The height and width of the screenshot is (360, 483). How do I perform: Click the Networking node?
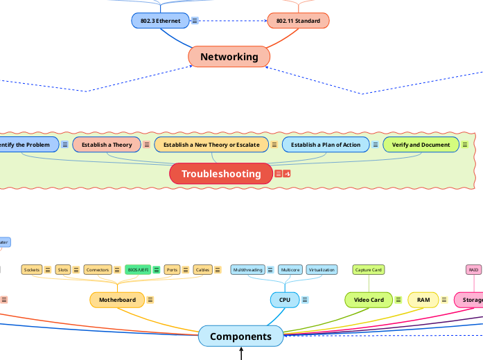[229, 57]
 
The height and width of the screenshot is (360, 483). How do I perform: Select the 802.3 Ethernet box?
[160, 21]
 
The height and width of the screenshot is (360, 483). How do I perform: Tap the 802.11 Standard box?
[298, 21]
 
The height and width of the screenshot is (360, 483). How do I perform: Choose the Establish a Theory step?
[107, 145]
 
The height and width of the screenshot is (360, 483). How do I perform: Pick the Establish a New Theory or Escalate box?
[211, 145]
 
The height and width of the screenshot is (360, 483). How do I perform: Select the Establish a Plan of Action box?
[325, 145]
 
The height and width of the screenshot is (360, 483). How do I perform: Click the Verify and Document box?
[421, 145]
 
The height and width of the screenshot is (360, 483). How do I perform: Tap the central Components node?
[240, 336]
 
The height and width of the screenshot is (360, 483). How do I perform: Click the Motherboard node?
[117, 300]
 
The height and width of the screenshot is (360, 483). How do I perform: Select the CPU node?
[284, 300]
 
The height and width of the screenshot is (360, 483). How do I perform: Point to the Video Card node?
[369, 300]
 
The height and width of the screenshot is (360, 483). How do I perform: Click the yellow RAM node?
[423, 300]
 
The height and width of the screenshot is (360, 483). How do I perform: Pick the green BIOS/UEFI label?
[137, 269]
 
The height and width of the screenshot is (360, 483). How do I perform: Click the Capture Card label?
[368, 269]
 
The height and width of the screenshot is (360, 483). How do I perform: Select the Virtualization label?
[322, 269]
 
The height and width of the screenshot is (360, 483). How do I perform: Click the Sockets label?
[32, 269]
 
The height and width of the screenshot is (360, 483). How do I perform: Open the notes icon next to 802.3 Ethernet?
[195, 21]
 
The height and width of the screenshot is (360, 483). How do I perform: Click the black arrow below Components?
[241, 354]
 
